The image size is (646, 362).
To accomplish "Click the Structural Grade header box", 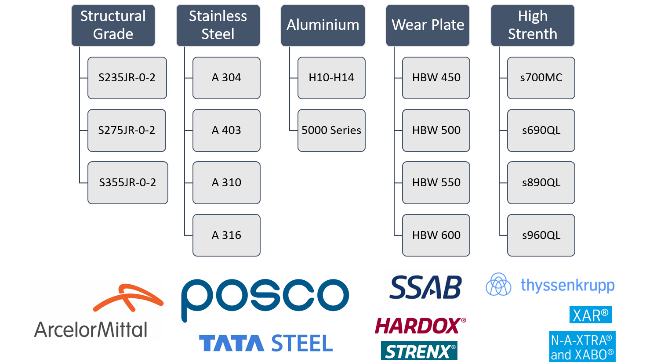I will pos(113,25).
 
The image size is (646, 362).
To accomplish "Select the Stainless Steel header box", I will pos(218,25).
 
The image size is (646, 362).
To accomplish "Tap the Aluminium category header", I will pos(323,25).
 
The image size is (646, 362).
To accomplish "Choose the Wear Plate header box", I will pos(428,25).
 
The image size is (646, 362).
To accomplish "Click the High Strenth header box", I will pos(533,25).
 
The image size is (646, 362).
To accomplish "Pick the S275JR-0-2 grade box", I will pos(127,130).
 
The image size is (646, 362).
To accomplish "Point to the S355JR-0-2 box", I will pos(127,183).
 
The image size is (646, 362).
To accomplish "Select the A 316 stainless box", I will pos(226,235).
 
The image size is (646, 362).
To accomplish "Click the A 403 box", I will pos(226,130).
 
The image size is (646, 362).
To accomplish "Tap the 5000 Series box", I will pos(331,130).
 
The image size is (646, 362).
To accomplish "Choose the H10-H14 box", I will pos(331,78).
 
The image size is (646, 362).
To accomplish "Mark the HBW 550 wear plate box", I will pos(436,183).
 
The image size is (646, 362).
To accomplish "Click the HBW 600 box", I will pos(436,235).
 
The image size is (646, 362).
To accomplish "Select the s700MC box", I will pos(541,78).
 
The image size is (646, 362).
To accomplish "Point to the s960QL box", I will pos(541,235).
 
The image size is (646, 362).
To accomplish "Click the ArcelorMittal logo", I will pos(96,311).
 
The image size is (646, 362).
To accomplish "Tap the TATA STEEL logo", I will pos(265,343).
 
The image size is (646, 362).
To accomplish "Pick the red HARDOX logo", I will pos(419,326).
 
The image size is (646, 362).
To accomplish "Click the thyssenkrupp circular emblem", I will pos(498,284).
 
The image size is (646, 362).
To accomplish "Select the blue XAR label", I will pos(591,315).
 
